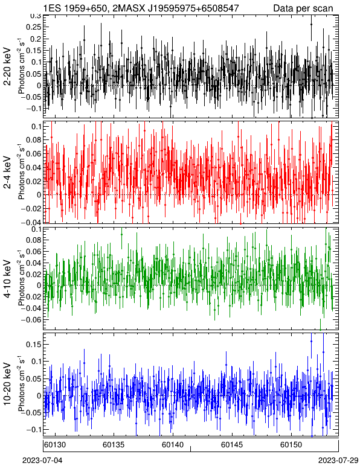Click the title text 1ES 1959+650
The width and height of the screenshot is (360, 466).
point(75,8)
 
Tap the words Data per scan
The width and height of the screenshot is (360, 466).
point(303,8)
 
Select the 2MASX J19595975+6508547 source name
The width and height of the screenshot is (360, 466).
point(175,8)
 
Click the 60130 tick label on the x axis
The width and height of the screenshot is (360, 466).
point(55,445)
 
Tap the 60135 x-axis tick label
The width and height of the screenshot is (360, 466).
point(114,445)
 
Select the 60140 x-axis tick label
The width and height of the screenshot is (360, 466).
point(172,445)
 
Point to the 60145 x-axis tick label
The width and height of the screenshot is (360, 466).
point(231,445)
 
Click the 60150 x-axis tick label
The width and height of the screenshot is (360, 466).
point(291,445)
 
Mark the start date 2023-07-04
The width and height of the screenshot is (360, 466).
point(42,461)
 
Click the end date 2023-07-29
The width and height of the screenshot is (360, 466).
point(338,461)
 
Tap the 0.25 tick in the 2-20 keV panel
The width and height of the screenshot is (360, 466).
point(34,27)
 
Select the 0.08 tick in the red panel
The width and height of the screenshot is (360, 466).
point(34,139)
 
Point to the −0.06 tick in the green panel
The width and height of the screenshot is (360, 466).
point(31,319)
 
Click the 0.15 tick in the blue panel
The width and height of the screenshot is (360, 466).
point(34,344)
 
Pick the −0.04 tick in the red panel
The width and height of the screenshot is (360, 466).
point(31,222)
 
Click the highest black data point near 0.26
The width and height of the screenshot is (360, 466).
point(311,25)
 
